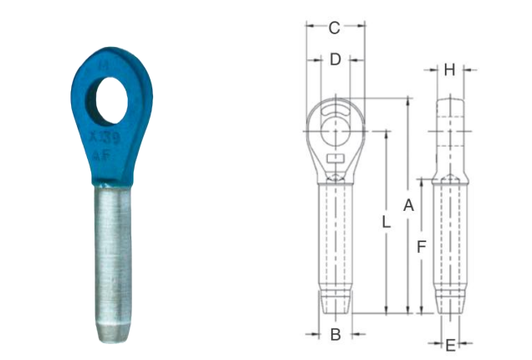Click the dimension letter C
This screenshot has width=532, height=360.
point(335,28)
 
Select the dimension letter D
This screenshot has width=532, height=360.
point(335,59)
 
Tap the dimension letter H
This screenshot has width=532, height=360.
point(449,70)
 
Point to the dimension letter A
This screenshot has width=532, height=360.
point(409,205)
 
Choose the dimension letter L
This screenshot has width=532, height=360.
point(386,223)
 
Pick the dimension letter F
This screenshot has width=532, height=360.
point(421,247)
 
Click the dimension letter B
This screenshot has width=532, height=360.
point(335,335)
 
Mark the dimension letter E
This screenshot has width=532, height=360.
point(450,346)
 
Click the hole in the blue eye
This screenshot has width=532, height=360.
point(111,100)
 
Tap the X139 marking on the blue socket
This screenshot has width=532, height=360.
point(105,138)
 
